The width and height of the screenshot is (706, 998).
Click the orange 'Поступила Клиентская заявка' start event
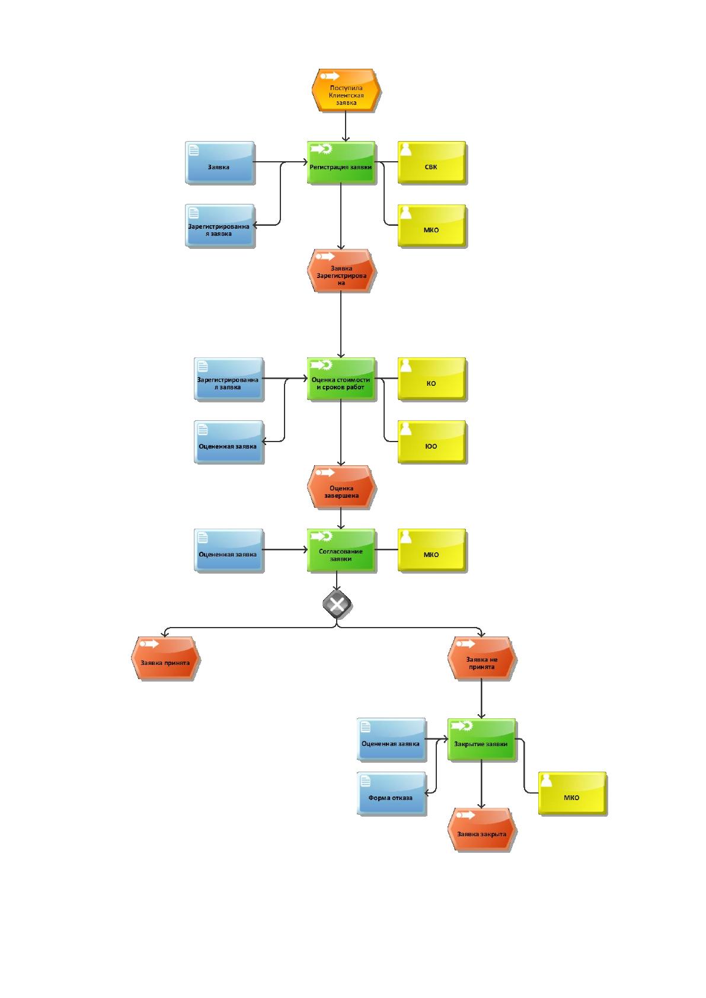[346, 91]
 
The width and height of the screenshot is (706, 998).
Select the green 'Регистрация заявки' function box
[341, 162]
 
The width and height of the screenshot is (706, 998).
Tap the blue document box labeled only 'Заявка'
[219, 162]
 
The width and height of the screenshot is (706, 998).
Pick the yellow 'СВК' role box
[432, 162]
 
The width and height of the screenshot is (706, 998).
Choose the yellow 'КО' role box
[432, 379]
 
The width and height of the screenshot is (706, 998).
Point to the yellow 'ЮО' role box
[432, 442]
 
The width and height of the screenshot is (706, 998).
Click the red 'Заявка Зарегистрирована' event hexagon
[341, 271]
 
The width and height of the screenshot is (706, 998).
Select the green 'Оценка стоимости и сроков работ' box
[341, 379]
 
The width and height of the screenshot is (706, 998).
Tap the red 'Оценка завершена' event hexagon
[341, 487]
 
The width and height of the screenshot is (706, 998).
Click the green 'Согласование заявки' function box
[341, 550]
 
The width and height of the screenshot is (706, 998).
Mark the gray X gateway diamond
[337, 604]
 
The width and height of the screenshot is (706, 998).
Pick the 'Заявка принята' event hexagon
[165, 658]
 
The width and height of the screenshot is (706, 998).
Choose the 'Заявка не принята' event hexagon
[482, 658]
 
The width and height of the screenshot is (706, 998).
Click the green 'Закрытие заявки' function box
[482, 740]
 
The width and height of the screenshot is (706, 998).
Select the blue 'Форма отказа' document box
[391, 794]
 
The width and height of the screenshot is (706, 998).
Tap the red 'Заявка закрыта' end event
[482, 830]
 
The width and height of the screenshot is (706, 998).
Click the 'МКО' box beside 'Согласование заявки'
[432, 550]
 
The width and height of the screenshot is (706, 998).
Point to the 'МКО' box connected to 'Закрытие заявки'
[572, 794]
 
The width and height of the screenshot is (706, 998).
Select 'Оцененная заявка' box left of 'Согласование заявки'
[229, 550]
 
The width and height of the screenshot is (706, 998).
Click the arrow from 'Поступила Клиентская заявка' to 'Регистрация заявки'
[346, 127]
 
